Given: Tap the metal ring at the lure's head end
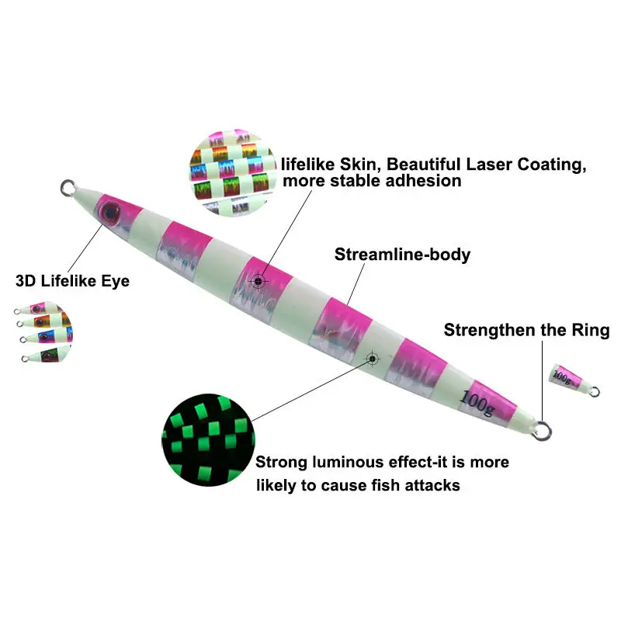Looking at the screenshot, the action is tap(68, 187).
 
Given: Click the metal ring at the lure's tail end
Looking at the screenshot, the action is tap(542, 431).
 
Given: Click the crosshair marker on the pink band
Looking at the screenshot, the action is tap(258, 281).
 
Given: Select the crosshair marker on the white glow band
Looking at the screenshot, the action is tap(372, 359).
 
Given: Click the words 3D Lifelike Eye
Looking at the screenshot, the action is tap(72, 281).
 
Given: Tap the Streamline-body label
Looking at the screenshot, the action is tap(402, 255).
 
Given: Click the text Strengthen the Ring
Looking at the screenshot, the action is tap(526, 330).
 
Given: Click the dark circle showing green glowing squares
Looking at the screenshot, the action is tap(208, 439).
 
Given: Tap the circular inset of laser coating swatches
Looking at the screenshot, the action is tap(233, 172).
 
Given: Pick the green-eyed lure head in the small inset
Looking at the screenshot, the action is tap(47, 354).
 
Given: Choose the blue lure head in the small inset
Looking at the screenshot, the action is tap(45, 336).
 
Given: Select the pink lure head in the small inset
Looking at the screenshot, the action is tap(36, 307).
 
